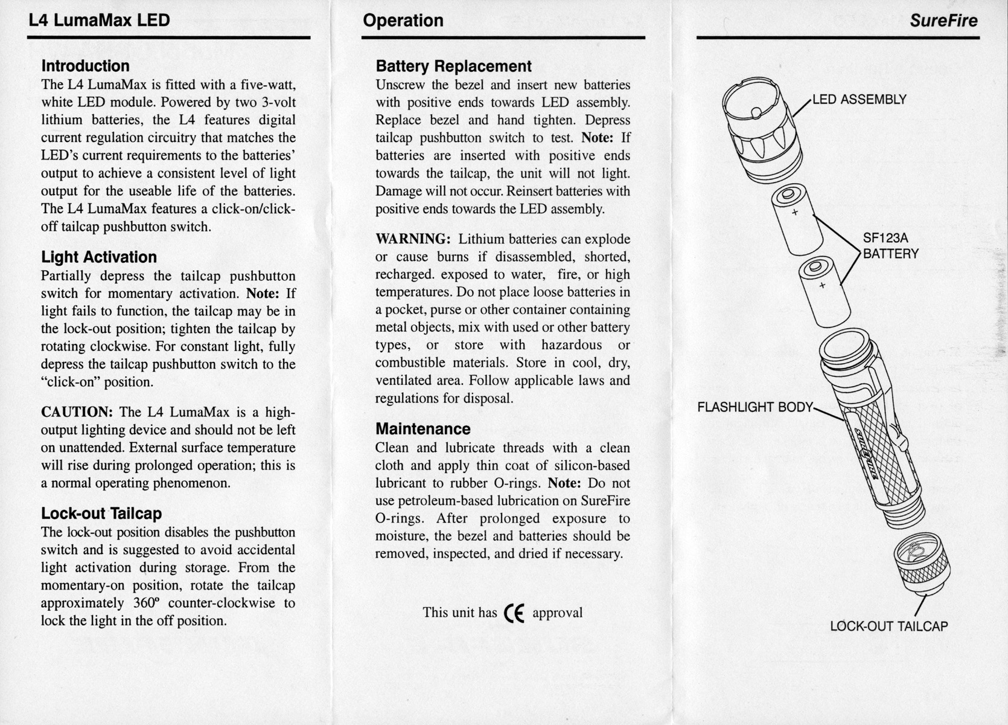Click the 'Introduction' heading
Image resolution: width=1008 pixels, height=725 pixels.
pos(85,66)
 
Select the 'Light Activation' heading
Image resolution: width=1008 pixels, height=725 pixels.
pos(98,257)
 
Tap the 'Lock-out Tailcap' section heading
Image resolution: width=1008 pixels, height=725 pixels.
pos(101,514)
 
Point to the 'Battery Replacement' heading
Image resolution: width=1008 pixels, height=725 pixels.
pos(453,66)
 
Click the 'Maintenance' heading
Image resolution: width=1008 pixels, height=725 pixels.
pos(423,429)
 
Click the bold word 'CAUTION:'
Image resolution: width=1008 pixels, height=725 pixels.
pos(77,412)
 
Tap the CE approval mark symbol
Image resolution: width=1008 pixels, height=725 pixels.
pos(514,613)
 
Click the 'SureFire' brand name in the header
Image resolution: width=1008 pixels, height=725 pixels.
pos(943,21)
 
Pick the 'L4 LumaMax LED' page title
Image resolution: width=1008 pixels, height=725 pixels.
pos(99,21)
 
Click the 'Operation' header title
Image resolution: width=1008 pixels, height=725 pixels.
pos(403,21)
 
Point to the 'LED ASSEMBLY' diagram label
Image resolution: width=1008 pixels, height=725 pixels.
pos(859,100)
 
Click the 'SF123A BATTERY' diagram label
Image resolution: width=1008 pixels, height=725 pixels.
pos(890,246)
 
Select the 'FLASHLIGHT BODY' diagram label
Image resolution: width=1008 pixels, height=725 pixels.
pos(754,407)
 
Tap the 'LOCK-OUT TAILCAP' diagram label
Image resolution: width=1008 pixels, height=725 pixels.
pos(888,627)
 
